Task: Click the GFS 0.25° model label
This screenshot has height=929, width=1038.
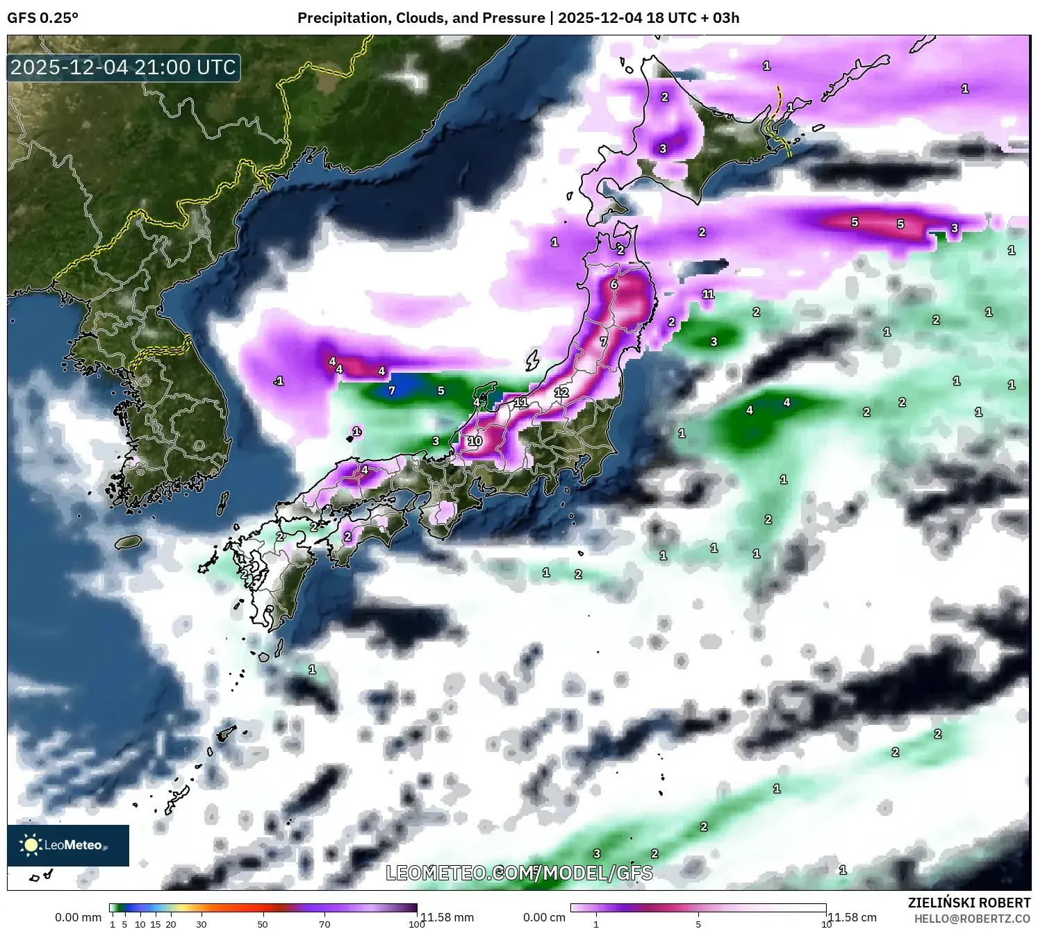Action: point(42,18)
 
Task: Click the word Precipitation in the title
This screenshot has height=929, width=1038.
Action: point(340,18)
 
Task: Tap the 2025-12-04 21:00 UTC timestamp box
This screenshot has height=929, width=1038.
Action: point(124,67)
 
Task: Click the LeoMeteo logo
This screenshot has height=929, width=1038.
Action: point(68,845)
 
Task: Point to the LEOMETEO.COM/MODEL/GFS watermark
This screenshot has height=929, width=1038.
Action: point(519,873)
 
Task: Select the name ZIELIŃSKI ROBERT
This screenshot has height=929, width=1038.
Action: point(969,903)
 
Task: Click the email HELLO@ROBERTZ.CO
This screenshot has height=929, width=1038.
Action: point(972,919)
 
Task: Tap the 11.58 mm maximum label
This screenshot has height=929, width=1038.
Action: point(447,917)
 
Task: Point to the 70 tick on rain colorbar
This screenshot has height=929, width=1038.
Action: point(324,924)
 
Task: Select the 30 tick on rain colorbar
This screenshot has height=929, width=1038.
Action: point(201,924)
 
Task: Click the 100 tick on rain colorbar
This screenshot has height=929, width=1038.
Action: point(417,924)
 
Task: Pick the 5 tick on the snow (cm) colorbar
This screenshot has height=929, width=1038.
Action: point(698,924)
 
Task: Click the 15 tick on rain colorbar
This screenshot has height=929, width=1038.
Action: point(156,924)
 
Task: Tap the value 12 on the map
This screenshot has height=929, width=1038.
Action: point(561,392)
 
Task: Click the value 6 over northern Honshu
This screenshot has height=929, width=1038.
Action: point(613,285)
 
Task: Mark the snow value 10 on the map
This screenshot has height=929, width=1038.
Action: point(475,441)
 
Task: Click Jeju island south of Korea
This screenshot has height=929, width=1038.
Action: point(129,541)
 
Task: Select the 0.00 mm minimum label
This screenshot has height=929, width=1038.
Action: point(78,917)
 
